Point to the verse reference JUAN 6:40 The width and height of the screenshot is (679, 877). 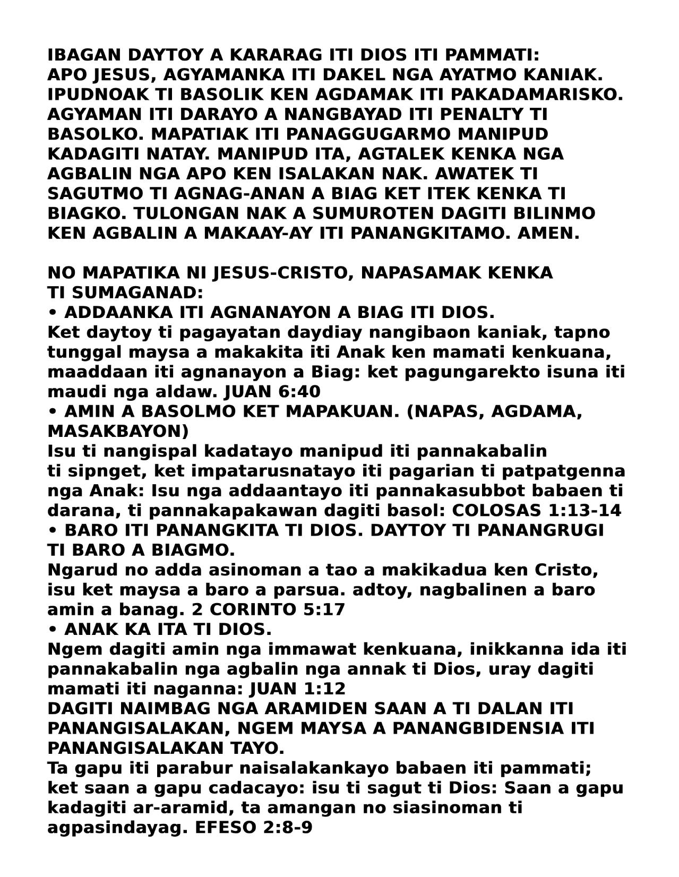click(273, 392)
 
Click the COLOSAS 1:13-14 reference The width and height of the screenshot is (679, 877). click(536, 511)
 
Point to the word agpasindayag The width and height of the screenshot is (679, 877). click(114, 828)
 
